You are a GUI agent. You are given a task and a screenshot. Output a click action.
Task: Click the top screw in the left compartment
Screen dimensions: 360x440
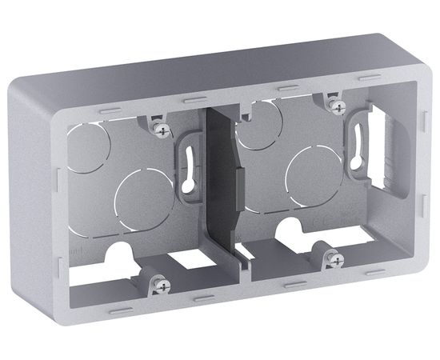(165, 127)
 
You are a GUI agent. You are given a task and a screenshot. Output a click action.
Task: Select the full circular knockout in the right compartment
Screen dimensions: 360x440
(316, 174)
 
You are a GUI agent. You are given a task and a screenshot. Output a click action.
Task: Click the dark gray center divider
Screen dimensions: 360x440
(221, 184)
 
